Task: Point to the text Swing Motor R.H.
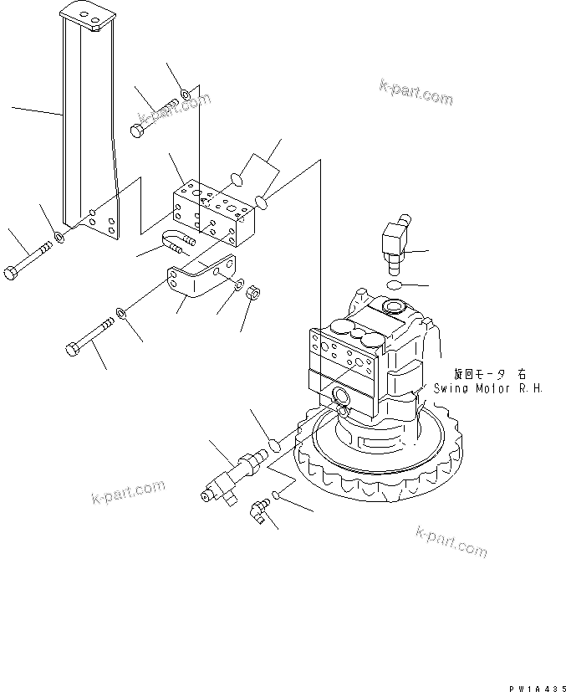coord(489,388)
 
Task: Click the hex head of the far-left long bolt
coord(12,274)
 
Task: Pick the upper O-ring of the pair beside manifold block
coord(237,178)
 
